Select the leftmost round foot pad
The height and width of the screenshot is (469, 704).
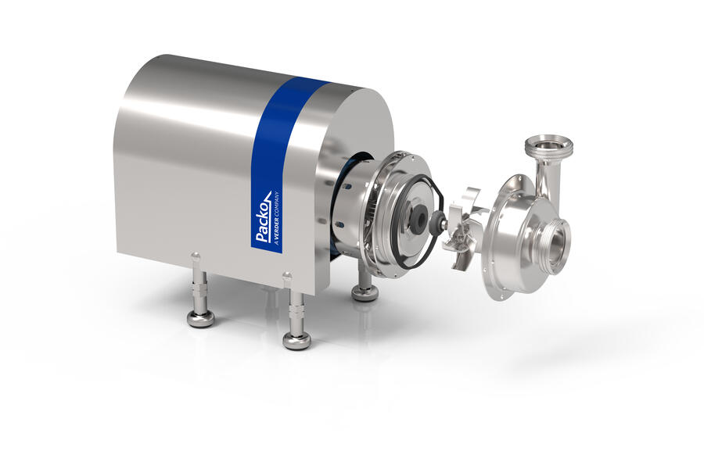click(200, 319)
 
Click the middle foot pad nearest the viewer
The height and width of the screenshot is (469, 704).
click(296, 341)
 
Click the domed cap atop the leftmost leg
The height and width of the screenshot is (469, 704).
click(196, 257)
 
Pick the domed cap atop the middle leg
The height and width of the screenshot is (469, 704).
click(287, 276)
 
